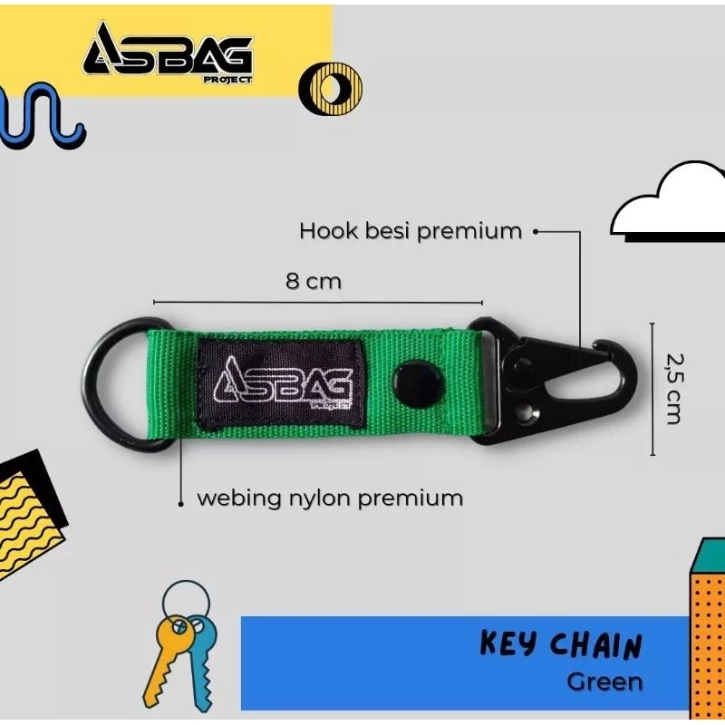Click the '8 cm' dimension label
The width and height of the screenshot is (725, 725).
(314, 281)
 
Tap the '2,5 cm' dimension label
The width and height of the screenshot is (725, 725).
(672, 388)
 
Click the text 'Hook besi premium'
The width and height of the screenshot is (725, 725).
(411, 231)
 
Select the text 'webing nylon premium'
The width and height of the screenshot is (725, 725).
(330, 498)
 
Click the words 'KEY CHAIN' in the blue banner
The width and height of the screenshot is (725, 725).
(560, 646)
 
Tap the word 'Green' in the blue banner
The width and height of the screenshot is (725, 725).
(604, 681)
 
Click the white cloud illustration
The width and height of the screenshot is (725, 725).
(671, 204)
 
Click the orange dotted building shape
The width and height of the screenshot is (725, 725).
(708, 634)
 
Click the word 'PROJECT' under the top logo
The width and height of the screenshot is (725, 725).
(230, 79)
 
